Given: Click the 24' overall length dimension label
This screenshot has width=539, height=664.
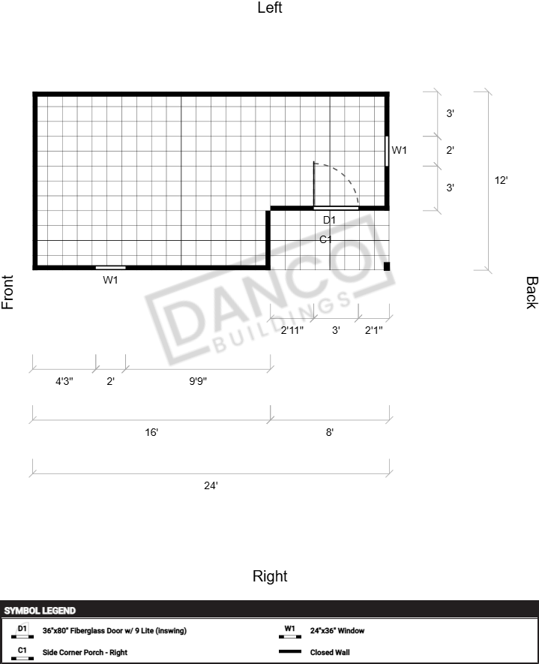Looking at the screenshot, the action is (x=211, y=485).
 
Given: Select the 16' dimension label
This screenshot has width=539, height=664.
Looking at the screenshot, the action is (x=151, y=432).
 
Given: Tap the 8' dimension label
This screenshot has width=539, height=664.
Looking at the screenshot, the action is (x=330, y=432).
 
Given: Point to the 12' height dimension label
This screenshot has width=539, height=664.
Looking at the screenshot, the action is (x=501, y=180).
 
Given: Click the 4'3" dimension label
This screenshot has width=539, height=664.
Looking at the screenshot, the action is (x=64, y=381).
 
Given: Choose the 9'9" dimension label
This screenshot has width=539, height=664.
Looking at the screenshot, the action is (x=198, y=381).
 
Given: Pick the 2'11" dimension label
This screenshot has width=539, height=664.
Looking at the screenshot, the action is (x=292, y=330).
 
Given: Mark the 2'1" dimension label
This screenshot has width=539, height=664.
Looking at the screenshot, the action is (x=374, y=330).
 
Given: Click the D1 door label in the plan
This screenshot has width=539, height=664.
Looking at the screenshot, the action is (x=329, y=220).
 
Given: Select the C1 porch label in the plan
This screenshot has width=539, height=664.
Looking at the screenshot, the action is (x=326, y=239).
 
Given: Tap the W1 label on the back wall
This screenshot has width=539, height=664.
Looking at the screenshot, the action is (x=399, y=150).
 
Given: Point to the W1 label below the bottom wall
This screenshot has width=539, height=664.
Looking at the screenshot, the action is (x=110, y=280).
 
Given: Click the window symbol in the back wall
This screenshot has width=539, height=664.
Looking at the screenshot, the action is (x=387, y=151).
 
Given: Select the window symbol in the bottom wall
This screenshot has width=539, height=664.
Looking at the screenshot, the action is (x=110, y=268).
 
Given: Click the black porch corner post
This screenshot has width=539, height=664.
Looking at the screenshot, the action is (x=387, y=266).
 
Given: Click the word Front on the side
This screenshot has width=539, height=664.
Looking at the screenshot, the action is (x=7, y=292).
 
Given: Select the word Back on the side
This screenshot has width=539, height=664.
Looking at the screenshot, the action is (x=532, y=293).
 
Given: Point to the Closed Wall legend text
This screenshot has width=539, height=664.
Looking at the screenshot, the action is (x=330, y=652).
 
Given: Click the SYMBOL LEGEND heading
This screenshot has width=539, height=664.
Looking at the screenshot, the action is (x=40, y=611).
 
